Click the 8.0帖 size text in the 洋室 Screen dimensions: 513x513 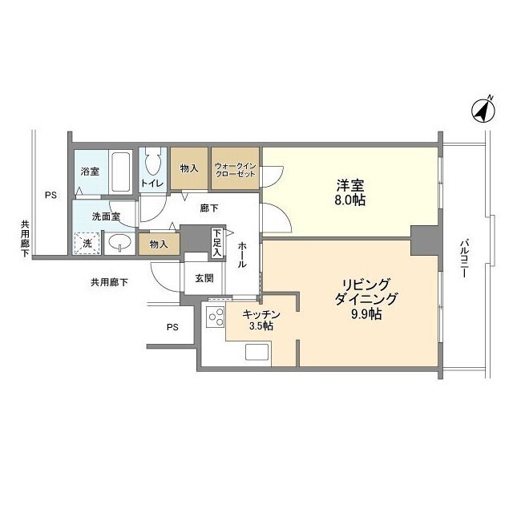coord(351,200)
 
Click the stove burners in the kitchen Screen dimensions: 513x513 coord(215,318)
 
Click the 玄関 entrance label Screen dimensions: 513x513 coord(204,278)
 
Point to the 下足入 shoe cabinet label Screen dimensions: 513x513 coord(217,243)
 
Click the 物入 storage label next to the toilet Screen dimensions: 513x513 coord(189,169)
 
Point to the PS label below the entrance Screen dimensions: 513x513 coord(172,327)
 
